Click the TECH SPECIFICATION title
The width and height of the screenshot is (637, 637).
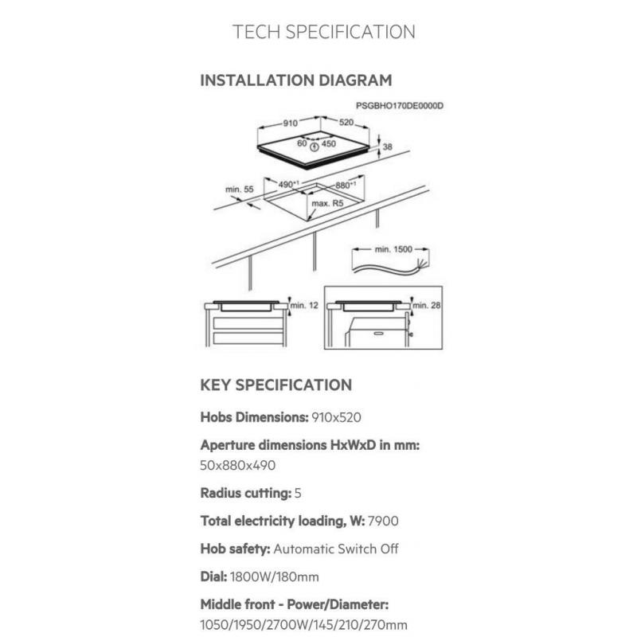[324, 32]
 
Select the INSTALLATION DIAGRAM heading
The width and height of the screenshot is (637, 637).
[296, 80]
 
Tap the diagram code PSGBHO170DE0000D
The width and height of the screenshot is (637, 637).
[400, 106]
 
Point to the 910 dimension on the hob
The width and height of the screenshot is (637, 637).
[290, 123]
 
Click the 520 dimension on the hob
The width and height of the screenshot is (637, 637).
[346, 122]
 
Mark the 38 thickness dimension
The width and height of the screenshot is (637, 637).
[388, 147]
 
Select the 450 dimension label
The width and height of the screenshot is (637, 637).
[329, 143]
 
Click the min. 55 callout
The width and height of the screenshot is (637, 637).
[240, 190]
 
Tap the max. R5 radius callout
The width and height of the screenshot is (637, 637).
[327, 203]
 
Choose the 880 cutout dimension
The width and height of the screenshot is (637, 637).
[346, 186]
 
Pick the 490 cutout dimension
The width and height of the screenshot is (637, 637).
[288, 185]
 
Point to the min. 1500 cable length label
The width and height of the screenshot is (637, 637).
[393, 249]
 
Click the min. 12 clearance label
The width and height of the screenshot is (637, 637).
[304, 305]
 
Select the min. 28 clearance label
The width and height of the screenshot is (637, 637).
[427, 305]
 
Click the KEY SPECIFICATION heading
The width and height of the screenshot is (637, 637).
[276, 385]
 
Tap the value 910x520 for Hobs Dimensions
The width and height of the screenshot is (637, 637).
[336, 417]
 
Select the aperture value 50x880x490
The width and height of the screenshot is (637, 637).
[237, 465]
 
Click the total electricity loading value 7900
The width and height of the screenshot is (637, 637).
[383, 521]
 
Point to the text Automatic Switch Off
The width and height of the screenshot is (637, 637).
[336, 549]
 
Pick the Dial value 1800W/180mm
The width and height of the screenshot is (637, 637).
[274, 576]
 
